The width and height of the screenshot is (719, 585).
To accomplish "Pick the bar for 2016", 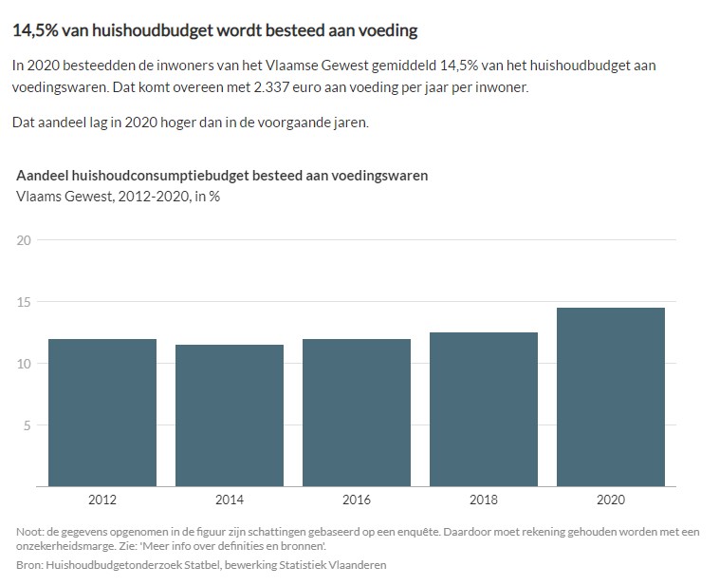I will click(357, 413).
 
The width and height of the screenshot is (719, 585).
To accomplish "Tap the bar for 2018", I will click(484, 409).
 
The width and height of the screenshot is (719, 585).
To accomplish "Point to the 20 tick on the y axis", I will click(24, 240).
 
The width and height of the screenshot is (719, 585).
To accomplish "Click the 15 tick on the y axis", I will click(24, 302).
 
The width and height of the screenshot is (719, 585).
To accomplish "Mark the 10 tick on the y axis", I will click(24, 364).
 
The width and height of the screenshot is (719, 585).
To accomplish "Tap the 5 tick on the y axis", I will click(28, 425).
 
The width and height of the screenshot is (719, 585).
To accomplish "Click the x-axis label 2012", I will click(102, 499).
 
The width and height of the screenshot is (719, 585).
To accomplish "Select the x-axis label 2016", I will click(357, 499).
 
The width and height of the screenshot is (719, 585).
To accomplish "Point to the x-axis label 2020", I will click(611, 499).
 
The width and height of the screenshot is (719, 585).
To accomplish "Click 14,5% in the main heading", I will click(36, 31).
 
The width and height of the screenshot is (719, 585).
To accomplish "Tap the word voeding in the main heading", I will click(386, 31).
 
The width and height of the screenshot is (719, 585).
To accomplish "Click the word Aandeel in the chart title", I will click(43, 176).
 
